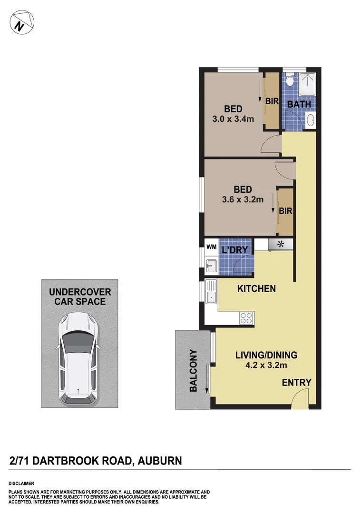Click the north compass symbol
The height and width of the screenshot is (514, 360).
[x=21, y=23]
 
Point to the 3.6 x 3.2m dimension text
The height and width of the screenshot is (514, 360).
[x=243, y=200]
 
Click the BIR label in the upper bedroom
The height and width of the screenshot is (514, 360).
[x=272, y=101]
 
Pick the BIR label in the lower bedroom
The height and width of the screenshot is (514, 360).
[x=285, y=210]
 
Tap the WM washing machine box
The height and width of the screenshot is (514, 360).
[x=211, y=247]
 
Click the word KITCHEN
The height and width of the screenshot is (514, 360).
[x=256, y=288]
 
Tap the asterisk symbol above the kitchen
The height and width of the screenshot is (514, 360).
[x=280, y=245]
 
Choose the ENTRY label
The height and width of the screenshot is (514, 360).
[x=296, y=383]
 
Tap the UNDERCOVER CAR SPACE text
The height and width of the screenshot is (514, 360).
[x=80, y=297]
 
